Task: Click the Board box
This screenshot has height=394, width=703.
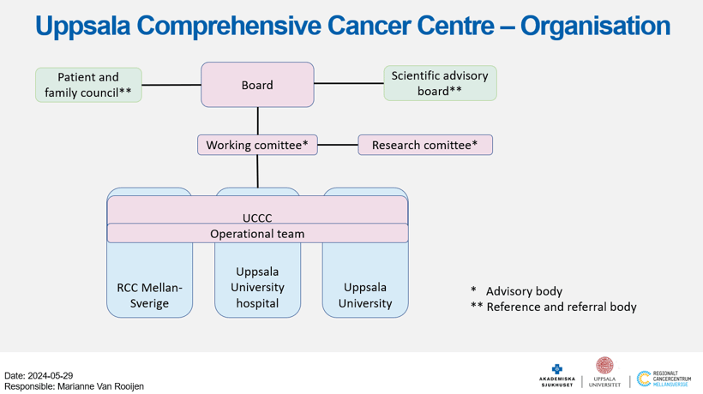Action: click(257, 85)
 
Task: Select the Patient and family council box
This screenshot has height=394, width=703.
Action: click(88, 85)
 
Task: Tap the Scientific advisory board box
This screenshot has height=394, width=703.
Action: click(440, 83)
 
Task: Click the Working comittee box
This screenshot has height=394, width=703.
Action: click(257, 145)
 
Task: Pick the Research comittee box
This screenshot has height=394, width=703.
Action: click(425, 145)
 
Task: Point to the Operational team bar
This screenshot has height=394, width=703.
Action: click(257, 233)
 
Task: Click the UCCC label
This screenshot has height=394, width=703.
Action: click(257, 218)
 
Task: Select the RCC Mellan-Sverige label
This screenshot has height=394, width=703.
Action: click(149, 295)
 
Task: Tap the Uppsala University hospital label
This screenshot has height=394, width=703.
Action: click(257, 287)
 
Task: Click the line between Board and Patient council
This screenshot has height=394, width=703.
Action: click(171, 85)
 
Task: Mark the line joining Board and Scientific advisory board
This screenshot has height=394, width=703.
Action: click(349, 83)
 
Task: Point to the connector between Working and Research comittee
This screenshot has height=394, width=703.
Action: click(338, 145)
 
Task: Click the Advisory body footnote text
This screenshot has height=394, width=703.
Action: click(524, 291)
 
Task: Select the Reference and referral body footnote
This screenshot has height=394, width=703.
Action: click(562, 307)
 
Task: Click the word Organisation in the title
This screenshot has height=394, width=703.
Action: click(595, 26)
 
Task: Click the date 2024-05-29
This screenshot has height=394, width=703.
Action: click(51, 376)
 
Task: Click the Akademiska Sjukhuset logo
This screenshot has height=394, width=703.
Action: click(556, 375)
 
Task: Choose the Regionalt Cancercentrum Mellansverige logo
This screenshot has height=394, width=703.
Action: click(664, 379)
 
